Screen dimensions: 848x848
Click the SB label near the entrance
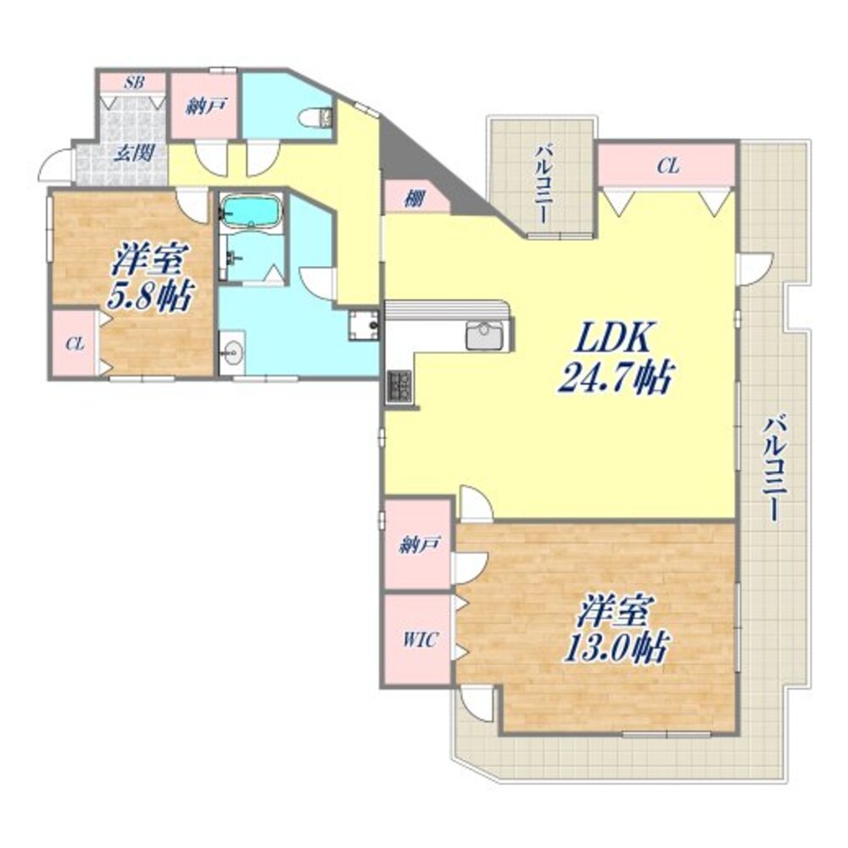[x=133, y=82]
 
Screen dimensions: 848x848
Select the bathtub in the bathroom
[x=250, y=211]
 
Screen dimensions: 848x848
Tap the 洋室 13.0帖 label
[x=616, y=630]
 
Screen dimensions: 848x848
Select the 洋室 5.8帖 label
[x=152, y=276]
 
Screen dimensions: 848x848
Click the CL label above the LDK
[x=667, y=166]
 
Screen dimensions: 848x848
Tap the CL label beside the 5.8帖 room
[x=75, y=343]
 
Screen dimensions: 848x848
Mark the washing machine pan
[x=365, y=325]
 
